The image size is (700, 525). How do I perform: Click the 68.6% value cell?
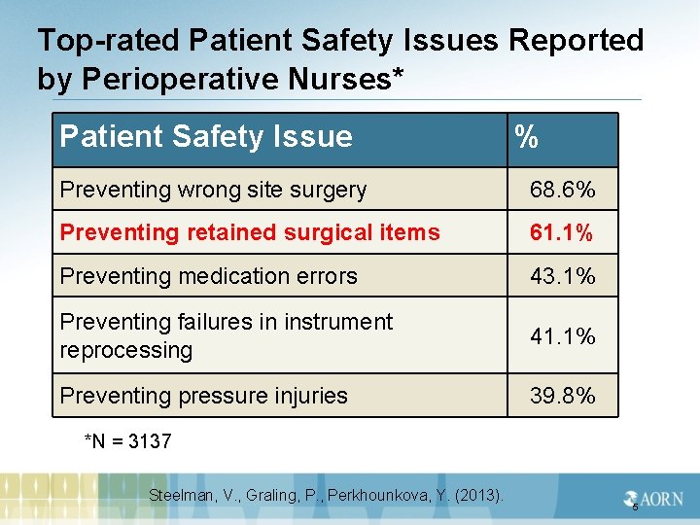click(562, 190)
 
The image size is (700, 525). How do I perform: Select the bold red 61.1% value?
click(562, 232)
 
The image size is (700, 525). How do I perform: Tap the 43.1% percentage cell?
click(562, 276)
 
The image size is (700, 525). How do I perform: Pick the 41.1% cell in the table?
click(562, 336)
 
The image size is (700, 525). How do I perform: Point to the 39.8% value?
click(562, 396)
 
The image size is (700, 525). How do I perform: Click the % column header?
click(527, 137)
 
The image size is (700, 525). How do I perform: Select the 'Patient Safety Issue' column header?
click(206, 136)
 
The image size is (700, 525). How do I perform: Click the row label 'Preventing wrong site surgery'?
click(213, 190)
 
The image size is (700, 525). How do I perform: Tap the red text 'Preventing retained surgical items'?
click(250, 232)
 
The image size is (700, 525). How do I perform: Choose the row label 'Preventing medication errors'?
click(208, 276)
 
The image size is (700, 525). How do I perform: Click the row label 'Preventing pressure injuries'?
click(203, 396)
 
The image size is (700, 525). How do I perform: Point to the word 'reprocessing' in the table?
click(126, 350)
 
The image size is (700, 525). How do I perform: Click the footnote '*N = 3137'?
click(128, 441)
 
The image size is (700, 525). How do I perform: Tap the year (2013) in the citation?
click(481, 496)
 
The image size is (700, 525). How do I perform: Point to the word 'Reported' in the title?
click(577, 41)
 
